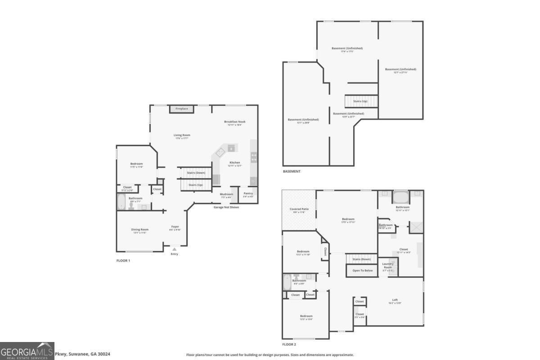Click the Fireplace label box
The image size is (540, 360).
tap(182, 109)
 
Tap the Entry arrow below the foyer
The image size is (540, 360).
tap(175, 249)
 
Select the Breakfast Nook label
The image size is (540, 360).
tap(235, 122)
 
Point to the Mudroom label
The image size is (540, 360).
tap(226, 194)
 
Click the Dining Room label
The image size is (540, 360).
tap(139, 229)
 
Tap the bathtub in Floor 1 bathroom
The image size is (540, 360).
tap(121, 202)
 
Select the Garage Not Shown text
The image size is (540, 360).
tap(226, 207)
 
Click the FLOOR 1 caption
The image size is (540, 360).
tap(123, 261)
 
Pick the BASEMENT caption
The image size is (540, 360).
tap(292, 171)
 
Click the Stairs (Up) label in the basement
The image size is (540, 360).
tap(360, 101)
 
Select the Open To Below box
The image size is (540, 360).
tap(362, 270)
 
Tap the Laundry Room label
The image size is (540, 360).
tap(388, 265)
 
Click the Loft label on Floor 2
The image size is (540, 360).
tap(395, 300)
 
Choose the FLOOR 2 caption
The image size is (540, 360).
tap(289, 344)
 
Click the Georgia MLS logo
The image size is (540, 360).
tap(27, 351)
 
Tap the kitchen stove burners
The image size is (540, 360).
tap(254, 157)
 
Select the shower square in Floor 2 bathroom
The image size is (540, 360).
tap(416, 227)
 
